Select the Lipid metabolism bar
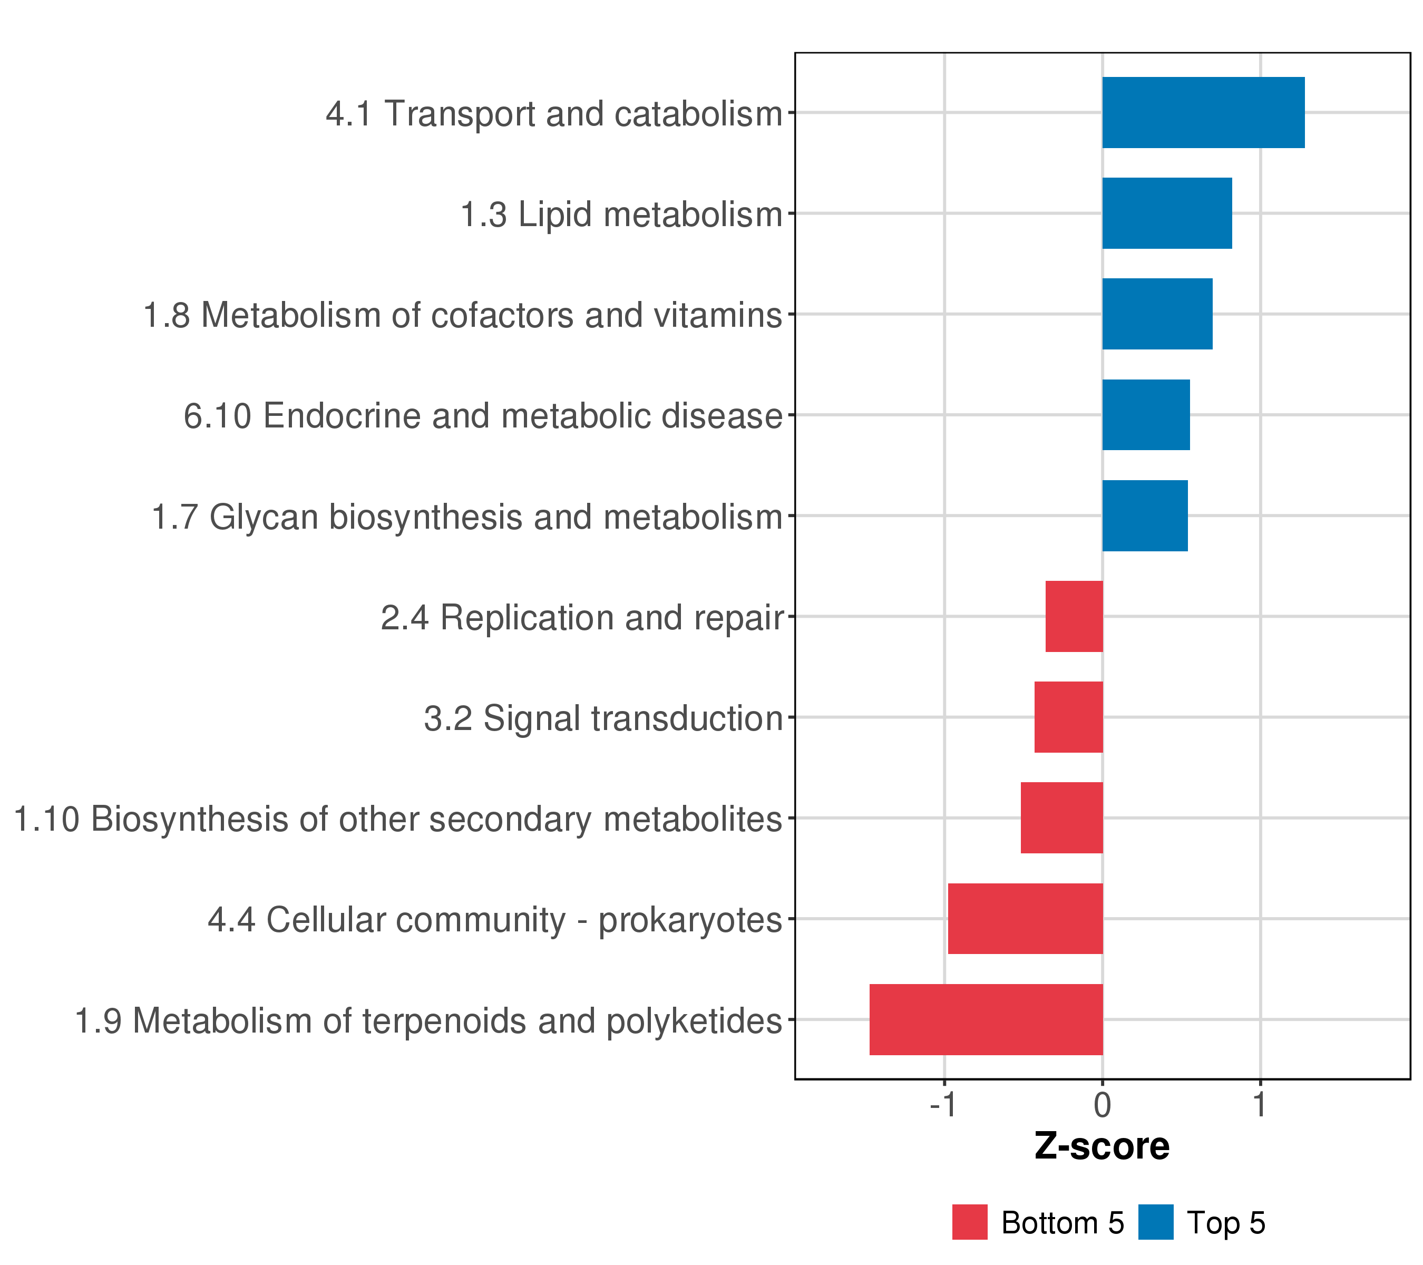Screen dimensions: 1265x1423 pyautogui.click(x=1167, y=213)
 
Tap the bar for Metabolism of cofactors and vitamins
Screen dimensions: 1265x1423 pyautogui.click(x=1157, y=314)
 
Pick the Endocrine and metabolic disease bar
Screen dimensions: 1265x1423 pyautogui.click(x=1146, y=415)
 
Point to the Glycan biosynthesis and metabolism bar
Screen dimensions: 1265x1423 pyautogui.click(x=1145, y=516)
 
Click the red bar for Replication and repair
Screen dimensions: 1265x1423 pyautogui.click(x=1074, y=616)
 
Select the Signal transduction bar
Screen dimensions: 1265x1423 pyautogui.click(x=1069, y=717)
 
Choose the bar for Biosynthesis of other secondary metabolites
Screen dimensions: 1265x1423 pyautogui.click(x=1061, y=818)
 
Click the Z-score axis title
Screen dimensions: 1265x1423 pyautogui.click(x=1102, y=1146)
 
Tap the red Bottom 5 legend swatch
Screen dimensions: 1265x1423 pyautogui.click(x=970, y=1222)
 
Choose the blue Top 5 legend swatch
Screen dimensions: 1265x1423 pyautogui.click(x=1156, y=1222)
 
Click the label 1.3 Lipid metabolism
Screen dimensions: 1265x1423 pyautogui.click(x=622, y=215)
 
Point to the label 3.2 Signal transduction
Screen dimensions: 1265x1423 pyautogui.click(x=603, y=718)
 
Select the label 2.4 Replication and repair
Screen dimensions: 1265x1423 pyautogui.click(x=582, y=618)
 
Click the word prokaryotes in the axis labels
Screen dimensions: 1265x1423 pyautogui.click(x=690, y=920)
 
